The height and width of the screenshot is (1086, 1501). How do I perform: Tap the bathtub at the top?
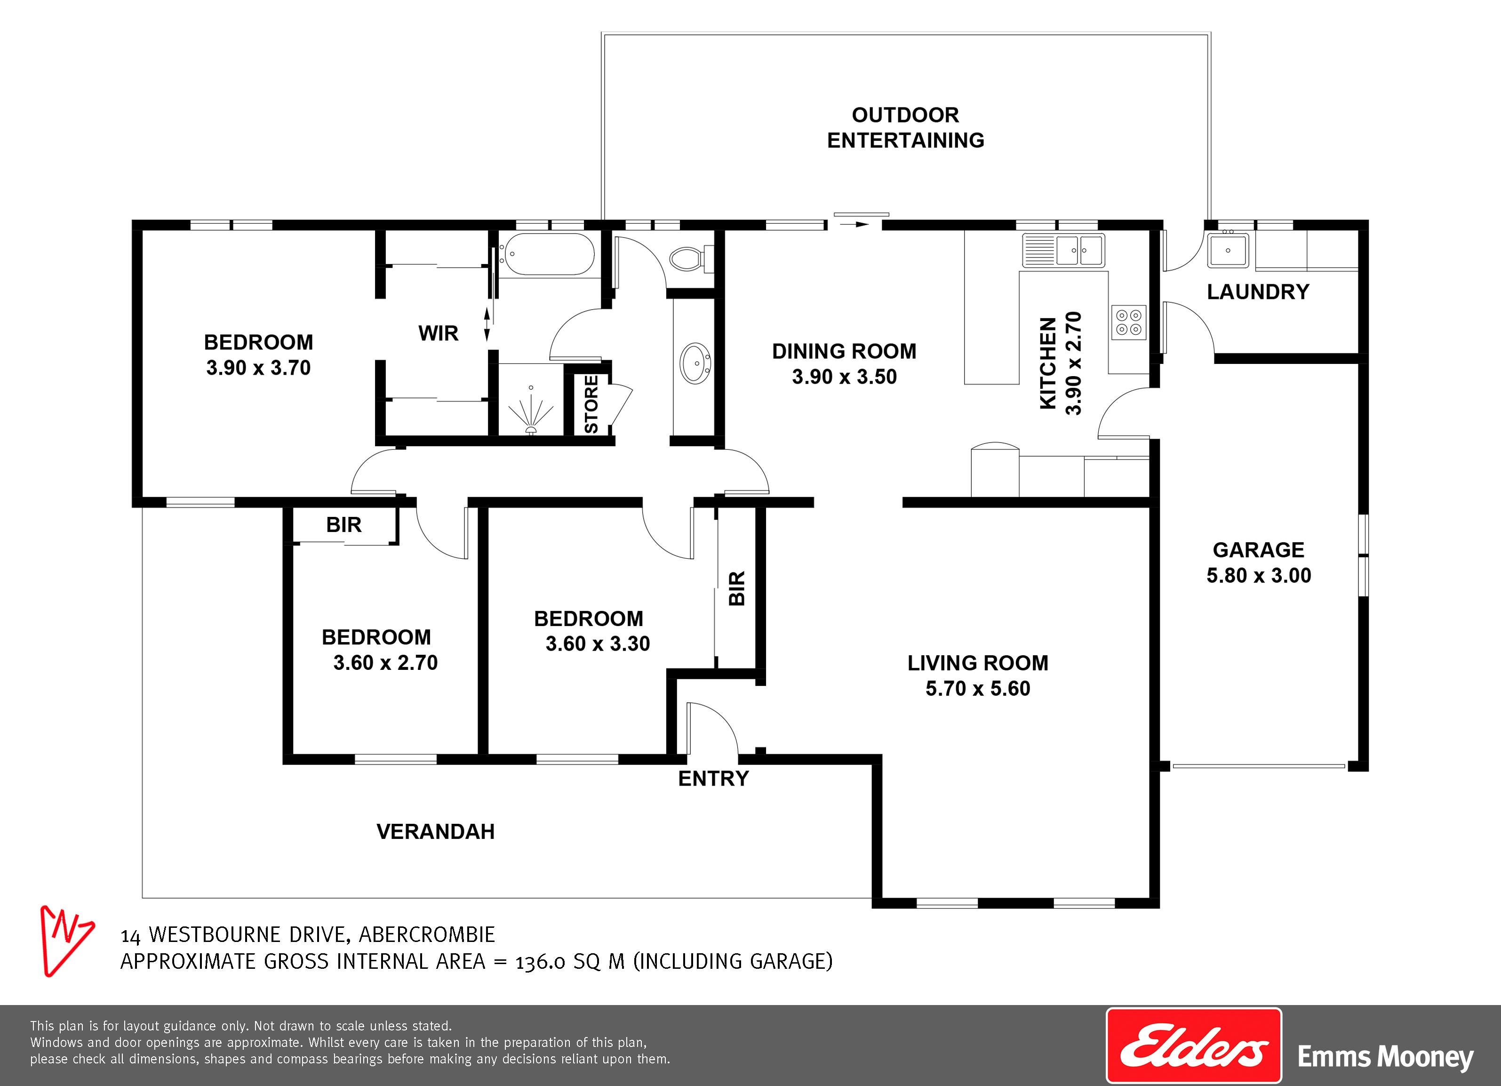click(x=547, y=254)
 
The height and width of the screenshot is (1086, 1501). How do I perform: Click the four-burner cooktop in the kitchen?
click(x=1128, y=322)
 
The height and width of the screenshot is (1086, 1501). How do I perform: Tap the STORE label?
click(x=591, y=404)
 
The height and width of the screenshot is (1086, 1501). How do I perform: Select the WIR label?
click(x=438, y=333)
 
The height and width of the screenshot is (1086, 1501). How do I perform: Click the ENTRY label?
click(x=713, y=779)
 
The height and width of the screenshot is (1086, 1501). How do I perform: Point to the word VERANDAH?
click(x=435, y=832)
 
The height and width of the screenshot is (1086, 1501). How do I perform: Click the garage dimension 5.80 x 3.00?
click(x=1259, y=575)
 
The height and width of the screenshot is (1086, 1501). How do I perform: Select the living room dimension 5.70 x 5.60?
click(x=977, y=689)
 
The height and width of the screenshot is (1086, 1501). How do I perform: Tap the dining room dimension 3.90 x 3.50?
click(x=845, y=377)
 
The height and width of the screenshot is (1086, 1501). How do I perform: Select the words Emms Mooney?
click(x=1386, y=1057)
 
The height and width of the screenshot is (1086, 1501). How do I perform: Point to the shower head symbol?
click(x=531, y=410)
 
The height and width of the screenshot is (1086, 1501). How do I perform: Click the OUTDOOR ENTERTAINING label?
click(x=905, y=128)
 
